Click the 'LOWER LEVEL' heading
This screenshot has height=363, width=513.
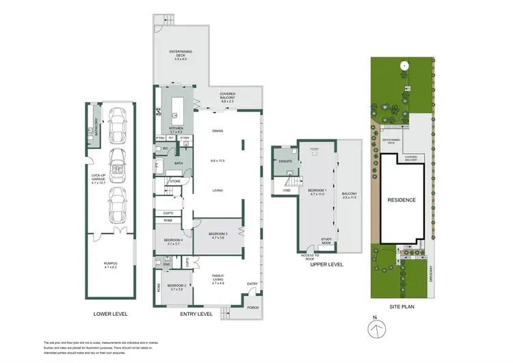point(110,314)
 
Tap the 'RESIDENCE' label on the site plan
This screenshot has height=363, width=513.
point(402,200)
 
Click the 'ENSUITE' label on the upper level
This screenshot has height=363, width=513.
point(286,161)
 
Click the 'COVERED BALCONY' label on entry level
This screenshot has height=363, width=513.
point(228,96)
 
